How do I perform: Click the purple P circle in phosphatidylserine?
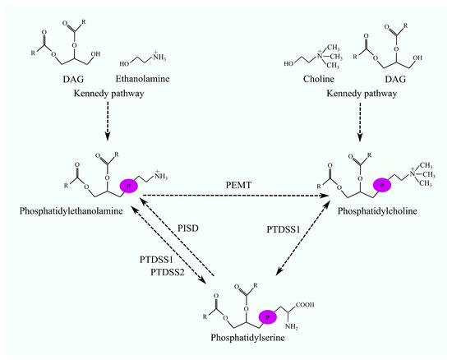click(x=266, y=316)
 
